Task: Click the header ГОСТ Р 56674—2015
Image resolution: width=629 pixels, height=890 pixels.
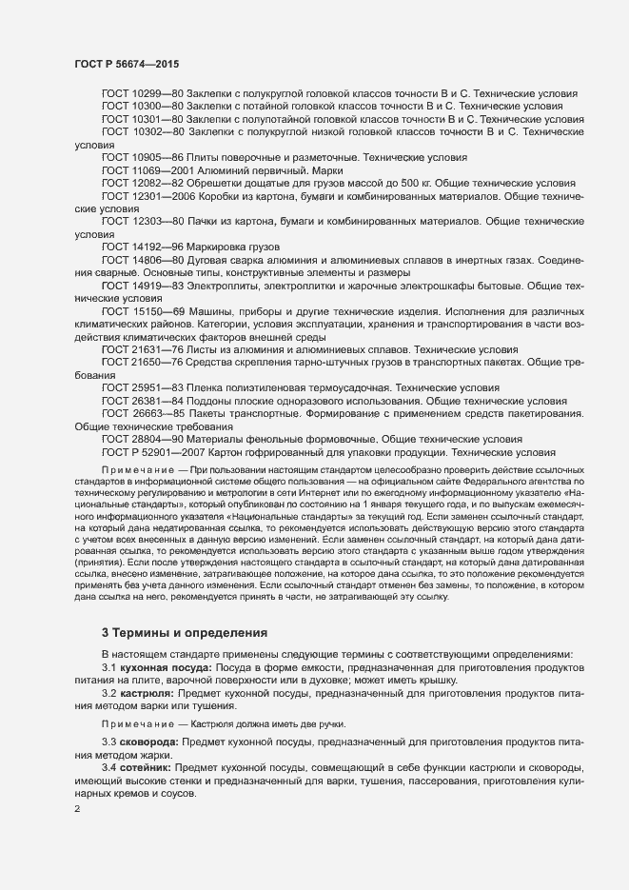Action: (x=127, y=64)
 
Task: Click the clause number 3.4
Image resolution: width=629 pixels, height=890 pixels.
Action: (x=108, y=765)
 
